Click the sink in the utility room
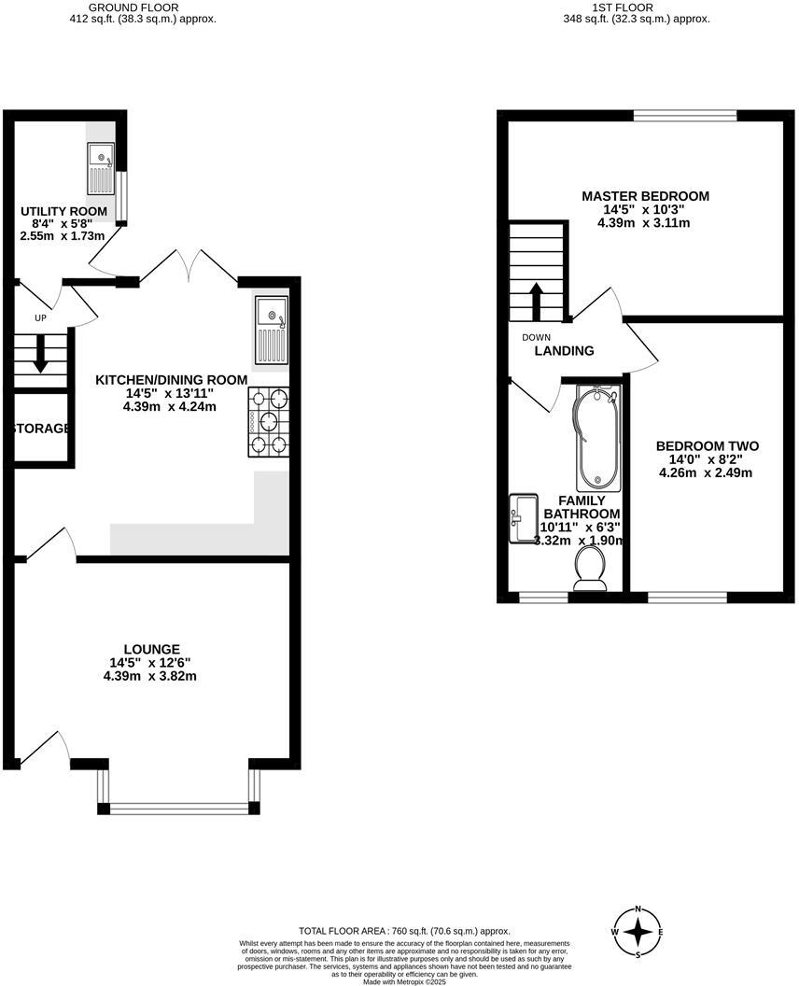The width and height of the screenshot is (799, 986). tap(100, 167)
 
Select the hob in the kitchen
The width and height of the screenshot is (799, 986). tap(269, 422)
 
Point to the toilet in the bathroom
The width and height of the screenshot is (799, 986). tap(589, 568)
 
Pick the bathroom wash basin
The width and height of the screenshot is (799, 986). tap(524, 519)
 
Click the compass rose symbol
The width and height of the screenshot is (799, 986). tap(638, 932)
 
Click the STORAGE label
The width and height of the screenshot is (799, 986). tap(41, 429)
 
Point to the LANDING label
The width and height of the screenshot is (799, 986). tap(564, 351)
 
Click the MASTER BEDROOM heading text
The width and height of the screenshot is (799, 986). tap(645, 196)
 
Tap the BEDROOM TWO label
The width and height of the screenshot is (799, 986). tap(707, 446)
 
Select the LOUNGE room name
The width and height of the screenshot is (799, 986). tap(152, 649)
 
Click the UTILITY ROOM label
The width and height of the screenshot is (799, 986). tap(63, 212)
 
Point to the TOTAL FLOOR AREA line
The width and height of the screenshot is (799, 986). tap(403, 931)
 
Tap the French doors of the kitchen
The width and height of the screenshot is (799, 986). tap(189, 266)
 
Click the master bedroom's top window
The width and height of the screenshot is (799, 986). tap(684, 116)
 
